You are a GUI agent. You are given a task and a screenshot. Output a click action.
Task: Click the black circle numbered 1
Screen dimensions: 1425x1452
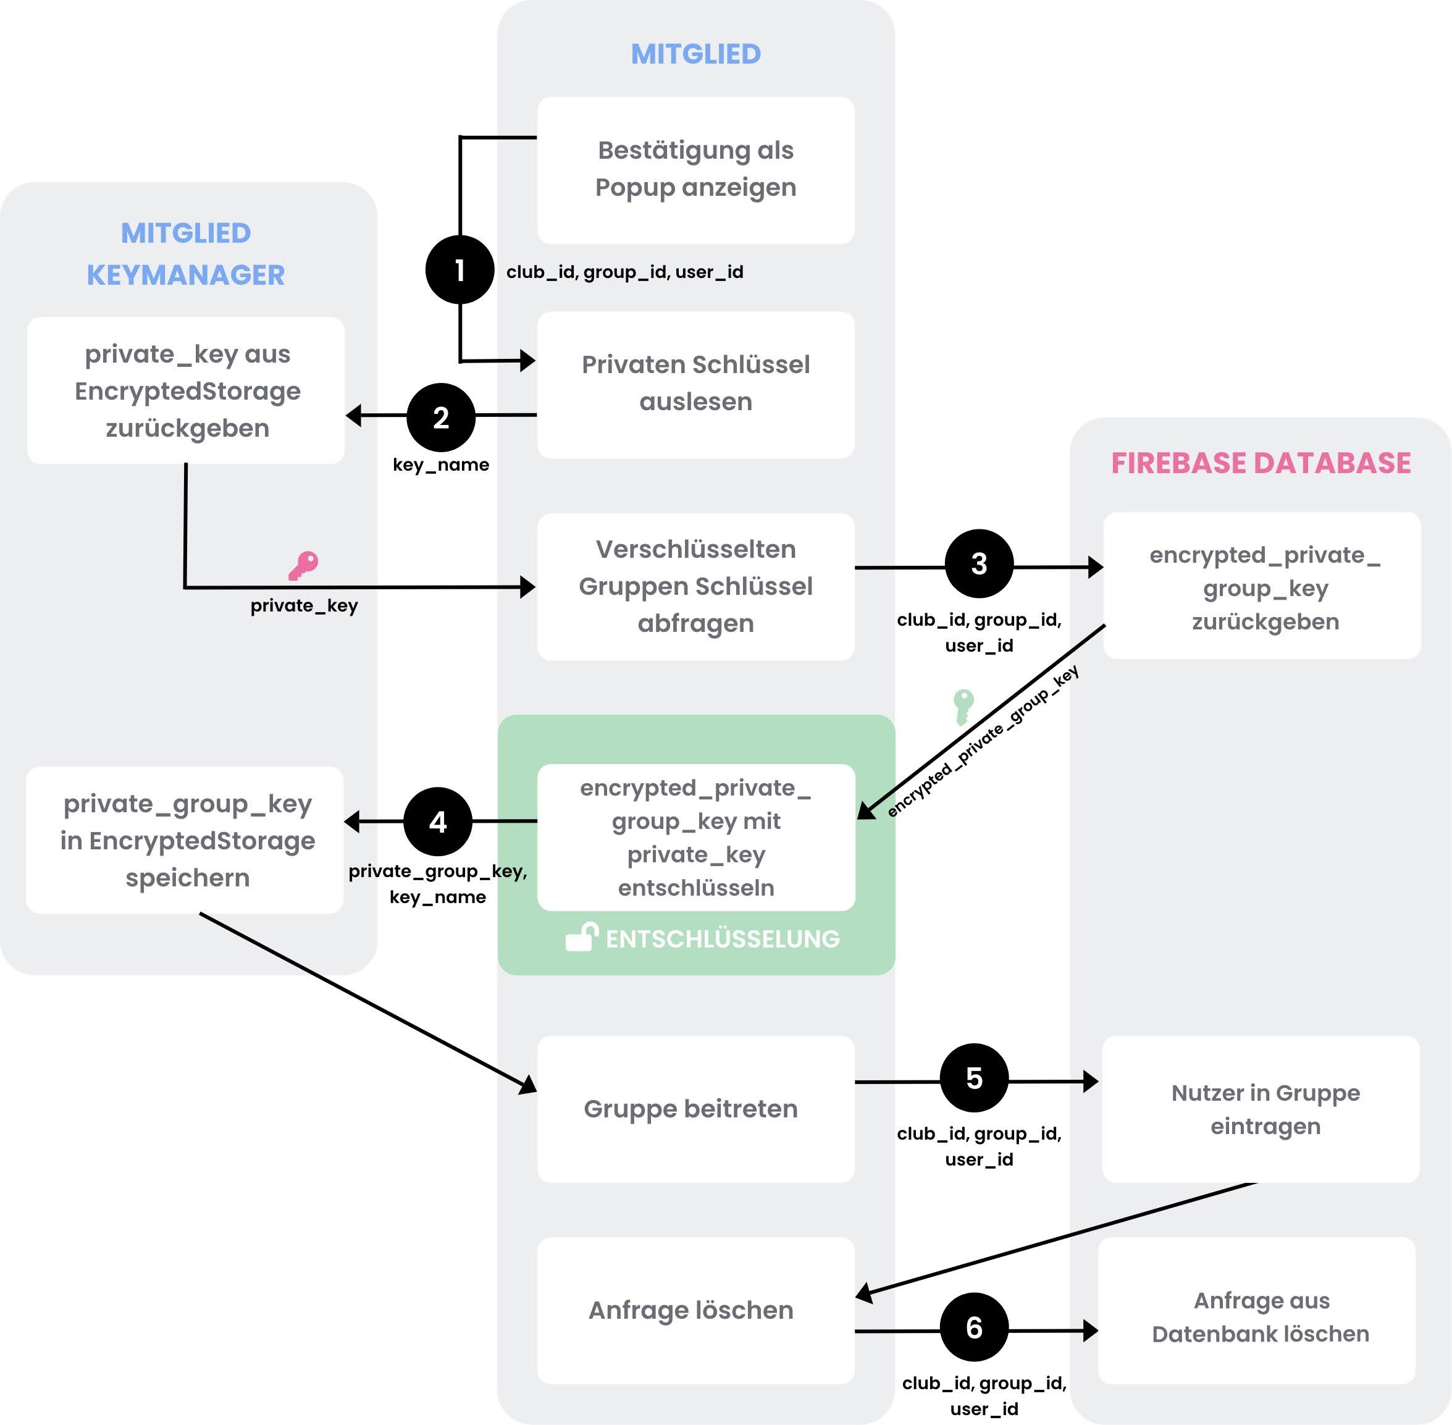tap(460, 269)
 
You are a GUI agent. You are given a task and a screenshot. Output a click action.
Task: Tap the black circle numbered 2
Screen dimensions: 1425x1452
tap(441, 417)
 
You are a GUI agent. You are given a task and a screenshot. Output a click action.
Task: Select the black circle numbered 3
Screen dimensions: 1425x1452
tap(979, 563)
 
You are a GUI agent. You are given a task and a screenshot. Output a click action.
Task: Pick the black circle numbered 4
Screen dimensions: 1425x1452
tap(438, 822)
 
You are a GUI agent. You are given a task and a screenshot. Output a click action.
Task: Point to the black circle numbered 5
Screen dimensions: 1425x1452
tap(974, 1078)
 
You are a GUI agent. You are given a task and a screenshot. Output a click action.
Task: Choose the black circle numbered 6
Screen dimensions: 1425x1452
tap(974, 1327)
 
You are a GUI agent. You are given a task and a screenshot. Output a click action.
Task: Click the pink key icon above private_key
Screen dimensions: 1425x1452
tap(304, 566)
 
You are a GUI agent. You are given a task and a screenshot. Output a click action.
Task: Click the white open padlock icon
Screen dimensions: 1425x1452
tap(582, 937)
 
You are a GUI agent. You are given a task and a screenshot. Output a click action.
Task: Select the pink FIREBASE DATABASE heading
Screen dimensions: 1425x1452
tap(1261, 463)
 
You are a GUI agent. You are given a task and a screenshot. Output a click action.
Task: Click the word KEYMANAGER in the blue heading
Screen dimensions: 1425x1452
tap(186, 275)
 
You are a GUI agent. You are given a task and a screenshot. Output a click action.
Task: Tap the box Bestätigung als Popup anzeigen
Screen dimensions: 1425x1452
tap(695, 170)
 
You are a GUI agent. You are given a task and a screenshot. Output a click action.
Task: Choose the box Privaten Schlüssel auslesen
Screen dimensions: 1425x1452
tap(695, 384)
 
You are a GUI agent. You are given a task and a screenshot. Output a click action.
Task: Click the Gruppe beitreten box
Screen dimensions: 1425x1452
tap(695, 1108)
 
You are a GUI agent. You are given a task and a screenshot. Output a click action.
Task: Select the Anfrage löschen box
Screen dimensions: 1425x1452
tap(695, 1309)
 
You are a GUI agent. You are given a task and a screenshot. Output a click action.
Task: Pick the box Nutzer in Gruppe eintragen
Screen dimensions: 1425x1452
tap(1261, 1108)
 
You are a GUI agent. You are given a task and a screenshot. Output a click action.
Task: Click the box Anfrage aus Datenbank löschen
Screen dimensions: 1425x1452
tap(1261, 1318)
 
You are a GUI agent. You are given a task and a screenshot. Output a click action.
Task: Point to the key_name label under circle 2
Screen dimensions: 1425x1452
tap(441, 464)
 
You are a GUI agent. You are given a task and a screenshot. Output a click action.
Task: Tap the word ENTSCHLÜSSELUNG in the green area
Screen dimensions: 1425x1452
tap(722, 938)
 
